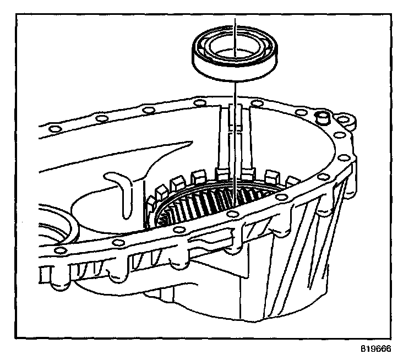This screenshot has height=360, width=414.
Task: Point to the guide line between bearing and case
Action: [235, 138]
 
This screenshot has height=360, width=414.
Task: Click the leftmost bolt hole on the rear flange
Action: [53, 129]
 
